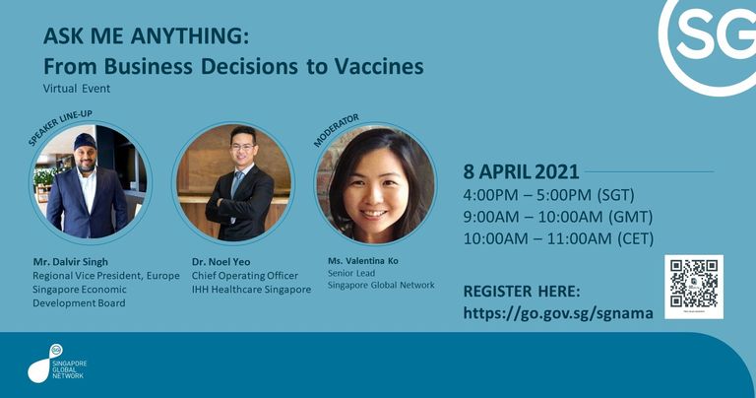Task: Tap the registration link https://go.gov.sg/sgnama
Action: click(x=558, y=313)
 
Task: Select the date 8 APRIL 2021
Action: click(x=521, y=171)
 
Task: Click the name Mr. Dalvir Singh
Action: click(x=71, y=262)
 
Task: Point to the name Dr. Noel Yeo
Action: click(x=220, y=262)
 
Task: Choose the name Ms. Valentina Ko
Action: click(x=363, y=261)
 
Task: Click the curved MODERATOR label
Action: click(x=336, y=130)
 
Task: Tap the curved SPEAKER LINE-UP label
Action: click(x=60, y=128)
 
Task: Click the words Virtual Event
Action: click(x=77, y=89)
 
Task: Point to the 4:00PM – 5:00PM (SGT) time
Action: click(x=548, y=195)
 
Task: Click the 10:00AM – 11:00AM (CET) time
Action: click(x=558, y=238)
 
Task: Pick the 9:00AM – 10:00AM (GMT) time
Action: click(x=558, y=217)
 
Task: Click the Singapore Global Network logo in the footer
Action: click(x=57, y=364)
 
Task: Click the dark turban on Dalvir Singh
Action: click(x=85, y=141)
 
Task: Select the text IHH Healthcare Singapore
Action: click(x=251, y=290)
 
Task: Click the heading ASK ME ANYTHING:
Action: click(x=146, y=36)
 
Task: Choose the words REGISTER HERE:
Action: click(x=522, y=292)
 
